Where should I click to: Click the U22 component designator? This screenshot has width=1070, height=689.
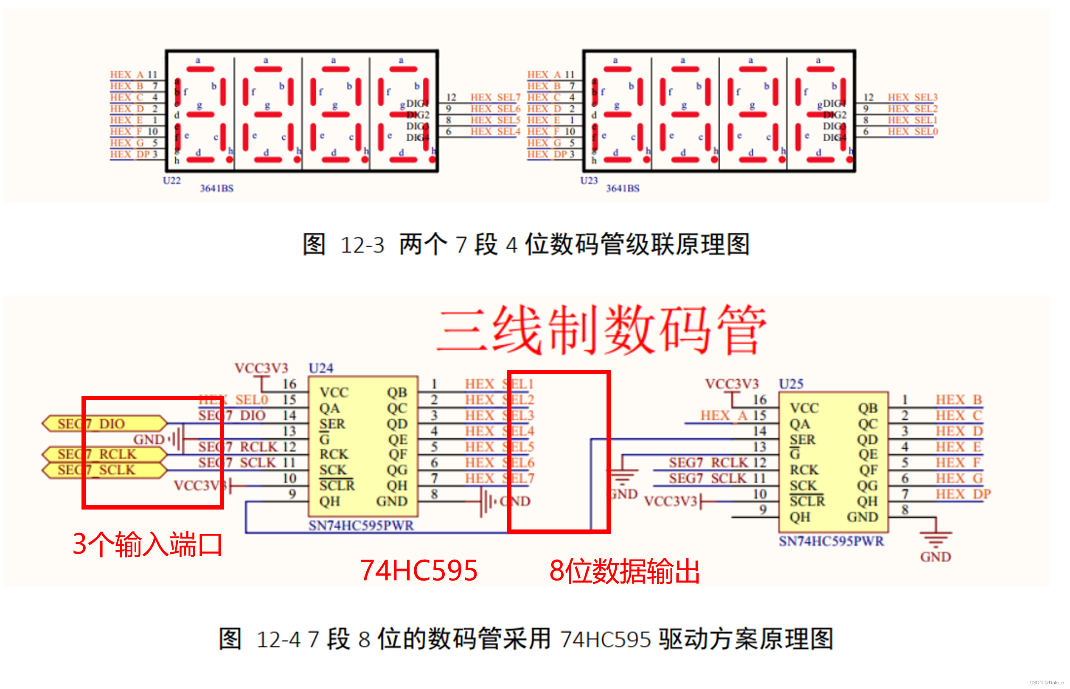[171, 181]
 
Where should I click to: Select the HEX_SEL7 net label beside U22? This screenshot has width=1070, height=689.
[495, 98]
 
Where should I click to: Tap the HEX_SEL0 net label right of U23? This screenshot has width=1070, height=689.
[913, 132]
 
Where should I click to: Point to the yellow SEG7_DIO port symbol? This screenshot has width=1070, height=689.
[104, 423]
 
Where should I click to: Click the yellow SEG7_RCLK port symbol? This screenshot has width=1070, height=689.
[104, 454]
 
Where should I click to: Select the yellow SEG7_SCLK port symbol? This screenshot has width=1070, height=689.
[104, 470]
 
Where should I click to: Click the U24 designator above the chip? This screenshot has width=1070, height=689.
[321, 368]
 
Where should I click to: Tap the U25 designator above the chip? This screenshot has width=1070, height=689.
[791, 384]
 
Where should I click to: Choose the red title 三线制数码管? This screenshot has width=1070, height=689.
[601, 330]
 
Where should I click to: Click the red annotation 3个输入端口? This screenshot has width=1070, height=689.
[147, 544]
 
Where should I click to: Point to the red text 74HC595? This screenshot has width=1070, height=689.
[418, 571]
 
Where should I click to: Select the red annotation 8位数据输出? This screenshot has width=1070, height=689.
[624, 571]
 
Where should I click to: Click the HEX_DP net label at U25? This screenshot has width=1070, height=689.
[963, 494]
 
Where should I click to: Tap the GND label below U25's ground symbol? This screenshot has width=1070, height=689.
[935, 557]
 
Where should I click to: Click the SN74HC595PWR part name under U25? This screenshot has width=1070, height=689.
[831, 541]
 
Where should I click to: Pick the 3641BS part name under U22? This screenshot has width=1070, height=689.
[216, 188]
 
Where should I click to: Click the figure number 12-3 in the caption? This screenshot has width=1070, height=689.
[362, 245]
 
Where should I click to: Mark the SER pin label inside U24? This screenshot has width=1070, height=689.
[332, 424]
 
